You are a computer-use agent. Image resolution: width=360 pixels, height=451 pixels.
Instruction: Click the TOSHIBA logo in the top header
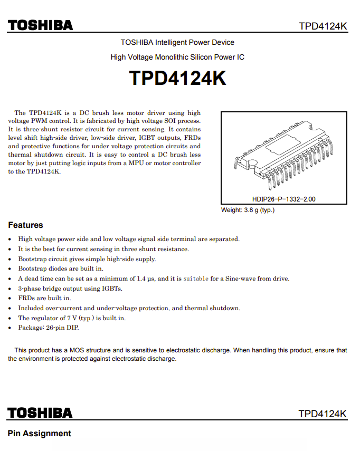(x=40, y=25)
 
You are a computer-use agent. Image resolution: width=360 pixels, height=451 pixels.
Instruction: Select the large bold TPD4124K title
(x=178, y=78)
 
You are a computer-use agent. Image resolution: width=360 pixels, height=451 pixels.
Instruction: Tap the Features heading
(x=25, y=225)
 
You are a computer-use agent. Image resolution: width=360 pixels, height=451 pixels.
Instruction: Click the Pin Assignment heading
(x=39, y=434)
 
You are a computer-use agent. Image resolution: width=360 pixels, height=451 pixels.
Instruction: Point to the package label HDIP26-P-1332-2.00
(x=284, y=199)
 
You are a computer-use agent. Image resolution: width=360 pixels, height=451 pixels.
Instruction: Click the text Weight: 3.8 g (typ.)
(x=248, y=210)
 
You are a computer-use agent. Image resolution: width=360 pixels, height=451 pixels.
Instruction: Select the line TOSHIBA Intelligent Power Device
(x=177, y=42)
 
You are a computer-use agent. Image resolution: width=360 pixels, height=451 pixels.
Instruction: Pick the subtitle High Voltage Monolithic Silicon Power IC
(x=177, y=57)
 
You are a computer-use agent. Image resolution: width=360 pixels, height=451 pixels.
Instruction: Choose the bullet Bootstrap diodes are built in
(x=61, y=268)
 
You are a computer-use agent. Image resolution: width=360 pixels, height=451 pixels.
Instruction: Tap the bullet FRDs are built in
(x=44, y=298)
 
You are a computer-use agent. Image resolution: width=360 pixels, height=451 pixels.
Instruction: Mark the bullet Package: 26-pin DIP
(x=49, y=328)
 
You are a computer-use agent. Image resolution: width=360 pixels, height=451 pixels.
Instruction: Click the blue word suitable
(x=196, y=279)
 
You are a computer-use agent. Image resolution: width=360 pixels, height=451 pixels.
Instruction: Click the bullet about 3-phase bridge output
(x=70, y=289)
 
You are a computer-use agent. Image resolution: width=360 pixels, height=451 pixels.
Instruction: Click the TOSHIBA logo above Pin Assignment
(x=40, y=412)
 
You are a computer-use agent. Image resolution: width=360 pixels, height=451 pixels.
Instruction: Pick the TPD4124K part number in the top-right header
(x=323, y=26)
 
